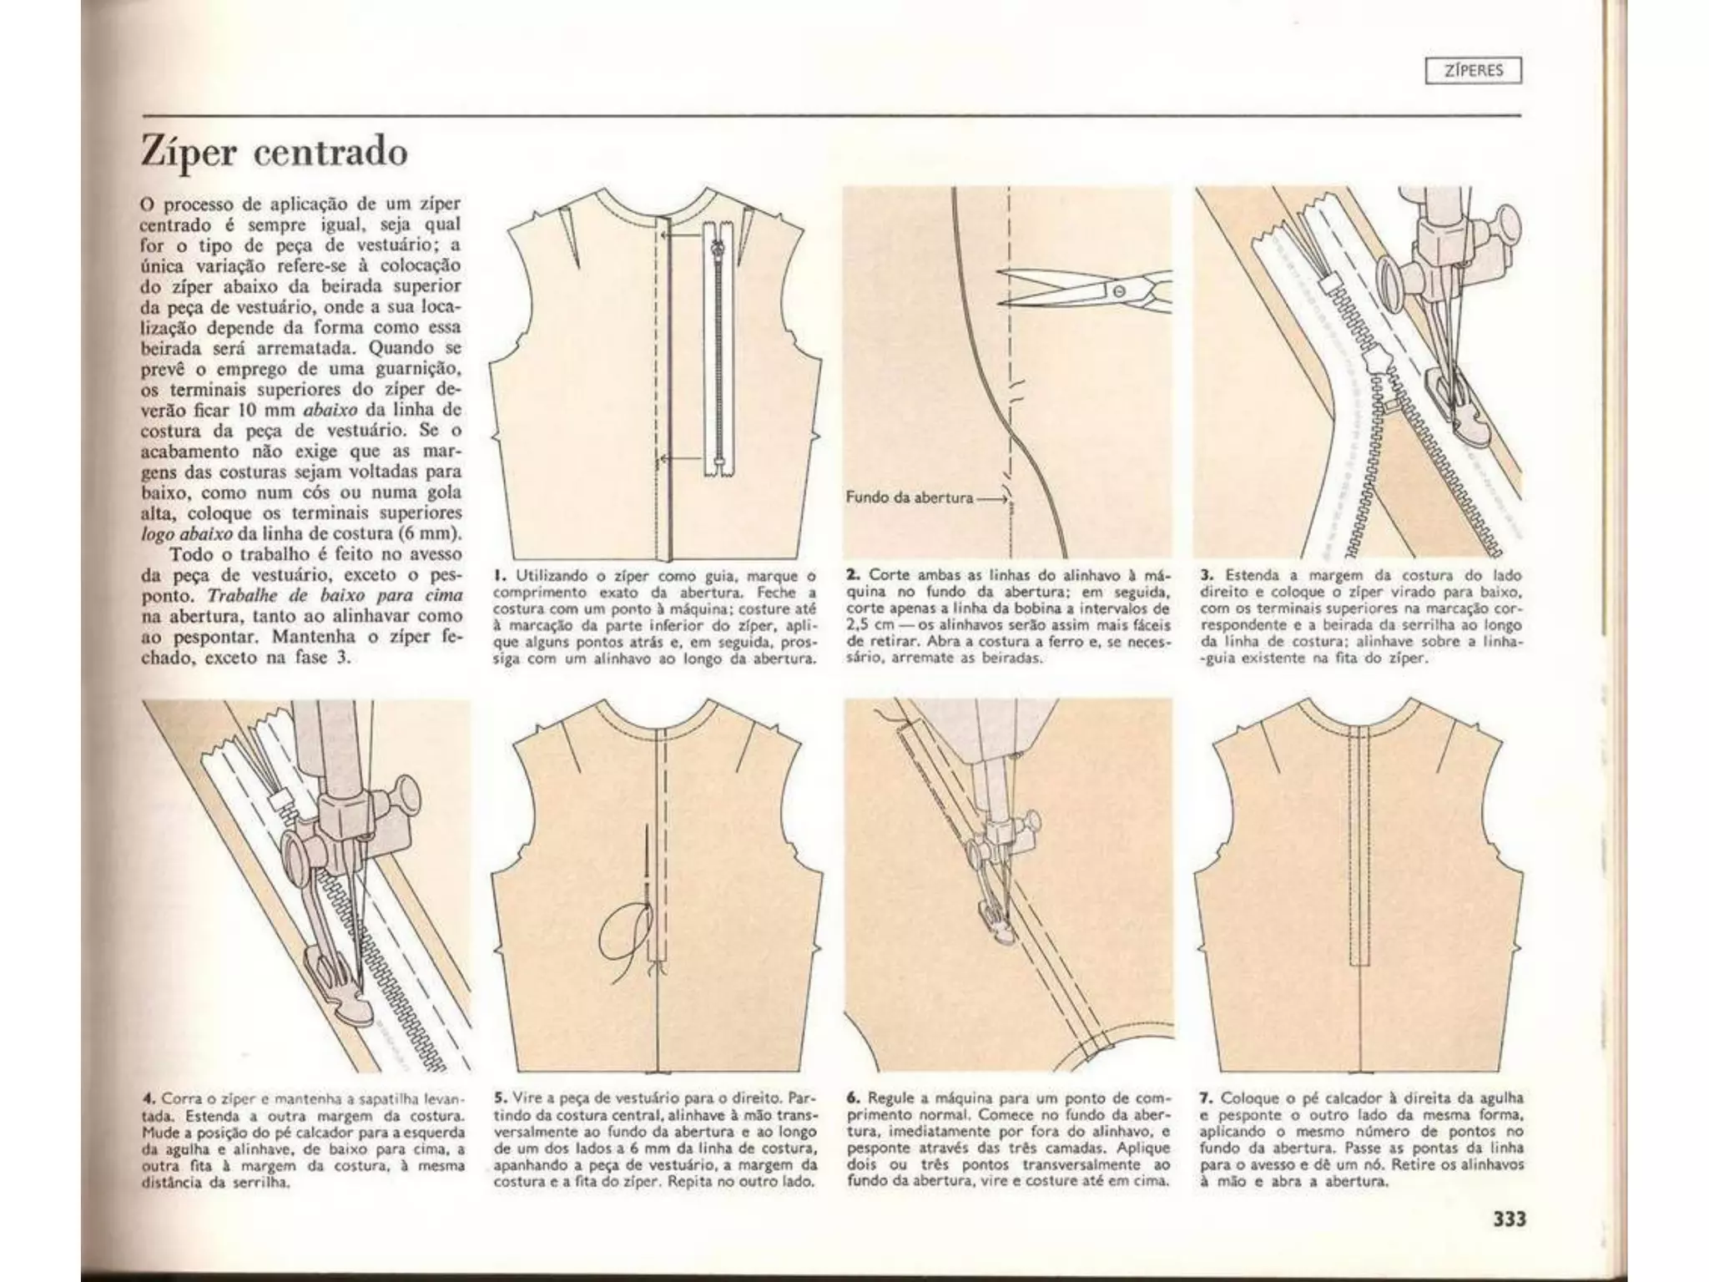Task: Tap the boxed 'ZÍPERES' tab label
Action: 1474,71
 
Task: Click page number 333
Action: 1509,1219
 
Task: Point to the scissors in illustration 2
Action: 1085,290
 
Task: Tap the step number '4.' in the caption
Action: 148,1098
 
